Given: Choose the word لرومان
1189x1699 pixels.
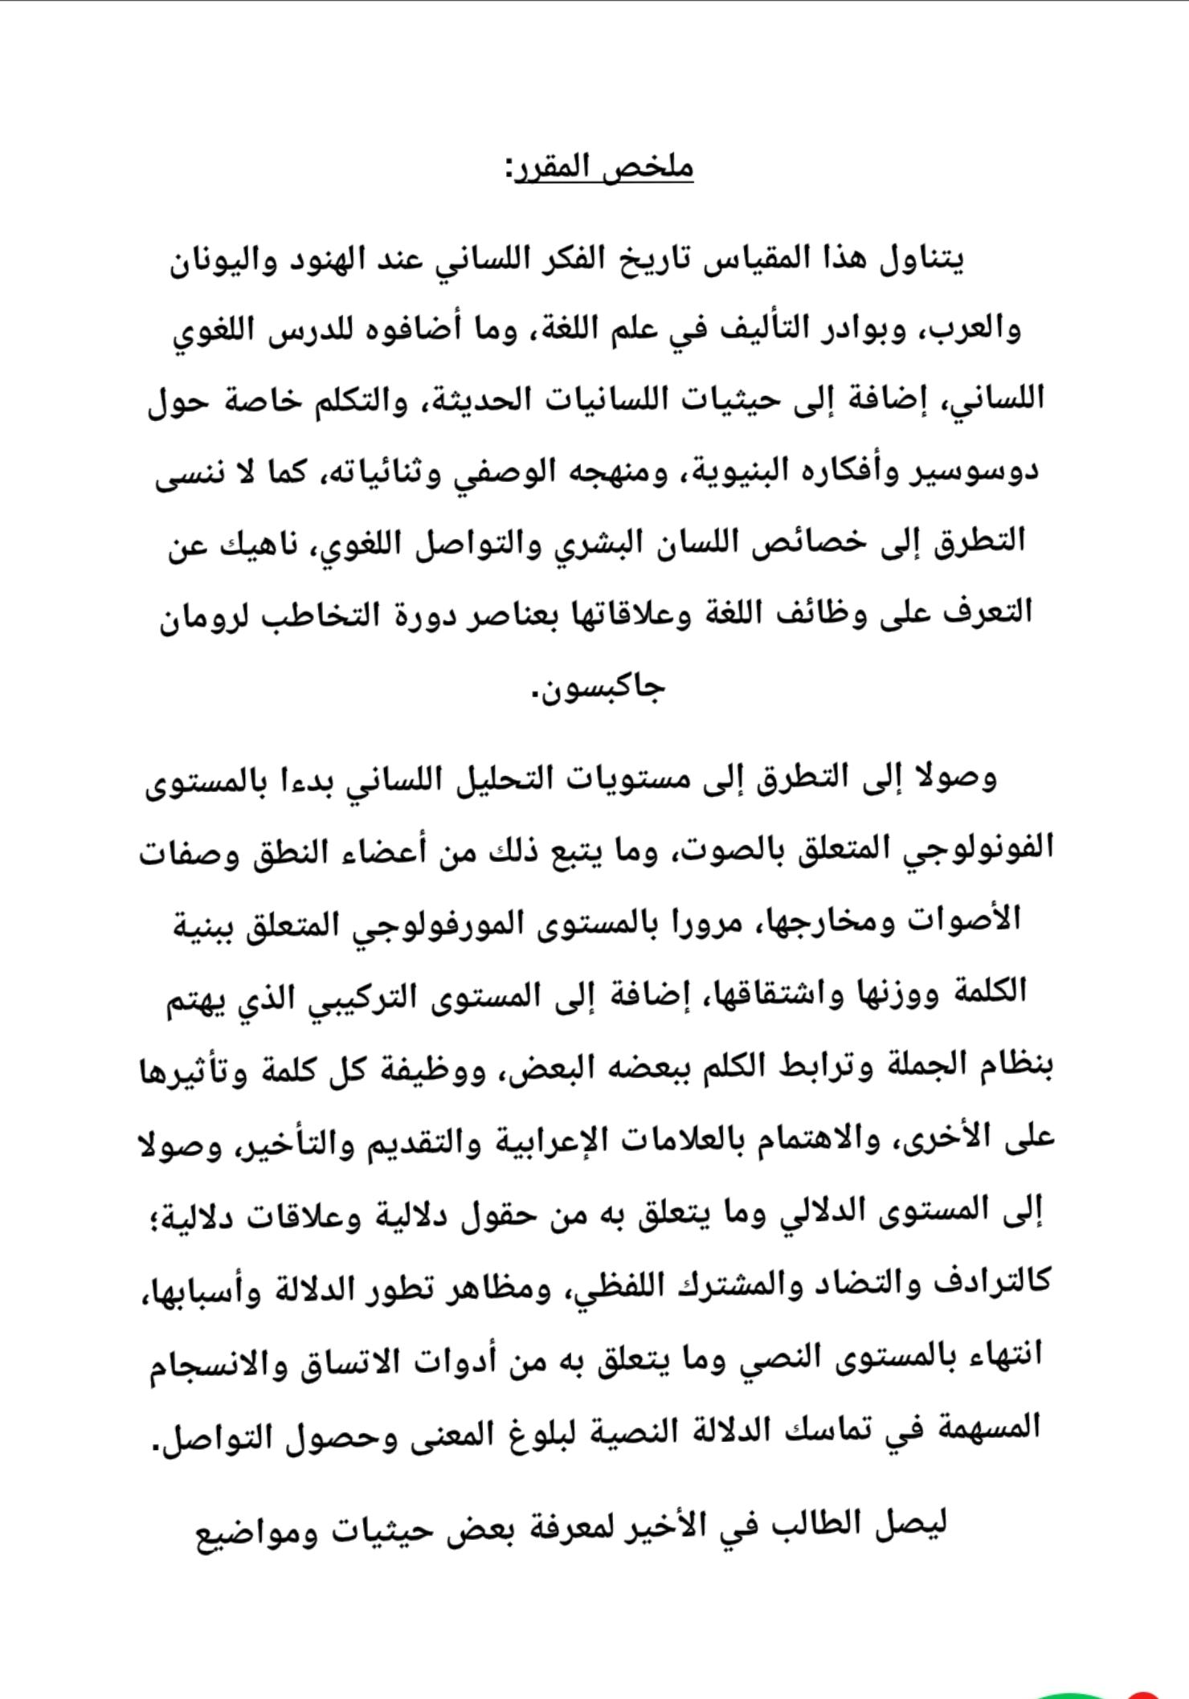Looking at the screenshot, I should pyautogui.click(x=202, y=611).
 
